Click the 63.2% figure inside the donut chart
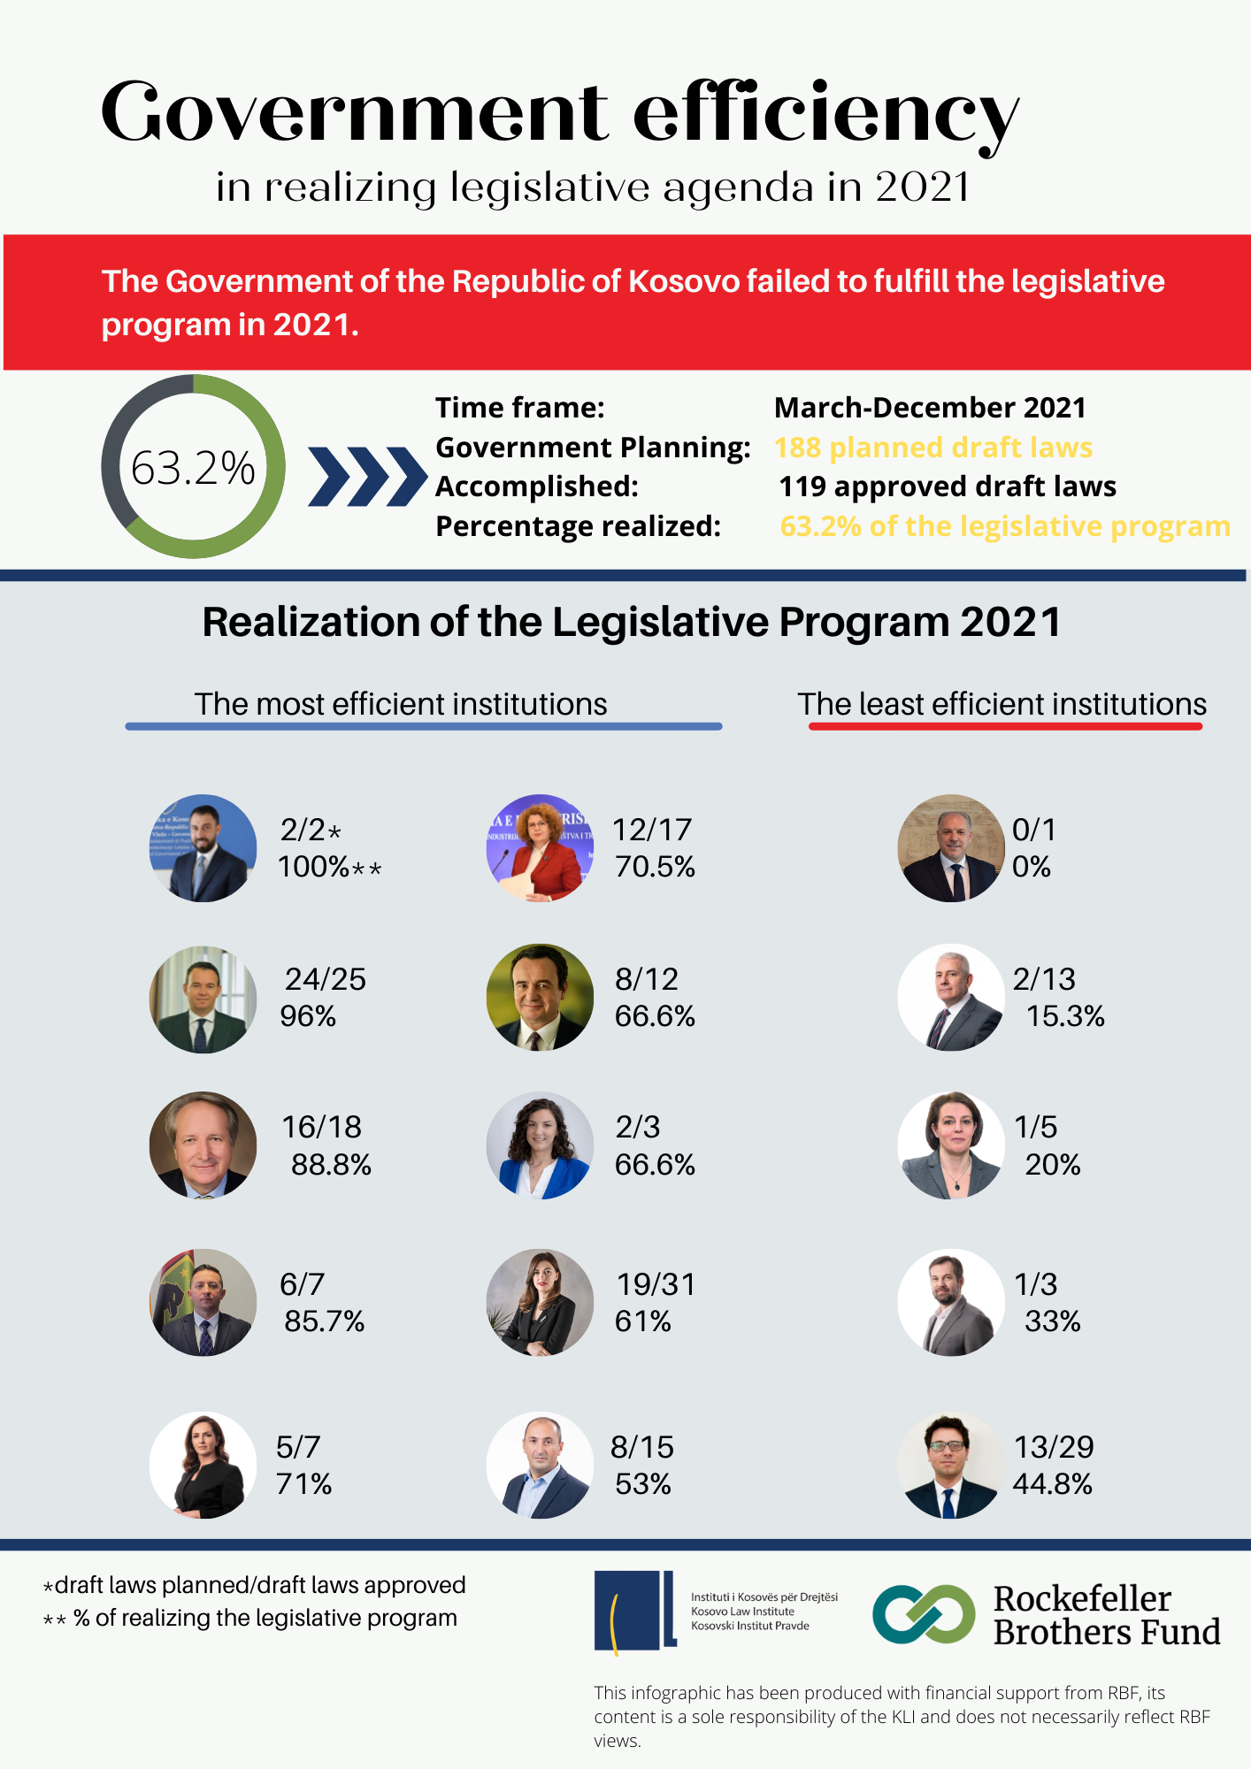point(193,468)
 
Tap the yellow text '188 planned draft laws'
point(933,448)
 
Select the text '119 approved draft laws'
point(947,486)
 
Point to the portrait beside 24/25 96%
point(203,999)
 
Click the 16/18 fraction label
point(321,1127)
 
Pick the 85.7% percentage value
point(324,1321)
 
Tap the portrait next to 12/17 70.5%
point(540,847)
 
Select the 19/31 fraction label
point(656,1284)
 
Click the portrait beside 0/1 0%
point(951,847)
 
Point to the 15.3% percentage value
point(1065,1016)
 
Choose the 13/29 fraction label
point(1054,1447)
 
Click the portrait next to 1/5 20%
point(951,1145)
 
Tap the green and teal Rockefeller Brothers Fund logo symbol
point(924,1613)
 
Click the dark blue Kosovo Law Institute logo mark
point(634,1612)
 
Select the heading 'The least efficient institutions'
point(1002,704)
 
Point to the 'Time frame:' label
point(520,408)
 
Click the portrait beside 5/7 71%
point(203,1465)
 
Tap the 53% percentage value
point(643,1484)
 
